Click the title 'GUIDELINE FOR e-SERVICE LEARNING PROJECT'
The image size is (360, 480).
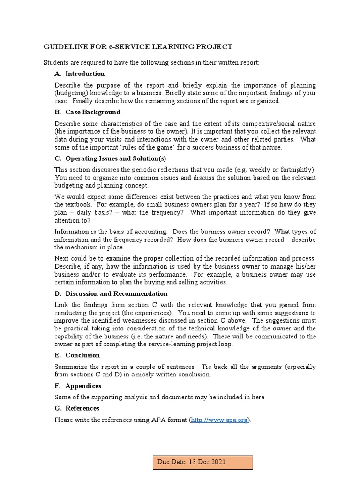pyautogui.click(x=137, y=47)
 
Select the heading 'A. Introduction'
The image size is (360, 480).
pyautogui.click(x=80, y=74)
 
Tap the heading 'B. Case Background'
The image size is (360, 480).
pyautogui.click(x=87, y=112)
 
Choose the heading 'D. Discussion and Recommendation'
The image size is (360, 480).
pyautogui.click(x=111, y=293)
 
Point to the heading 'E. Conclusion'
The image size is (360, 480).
pyautogui.click(x=77, y=355)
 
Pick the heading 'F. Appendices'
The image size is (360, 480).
pyautogui.click(x=78, y=386)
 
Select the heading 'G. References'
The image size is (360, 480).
pyautogui.click(x=77, y=408)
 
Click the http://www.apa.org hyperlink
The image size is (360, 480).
pyautogui.click(x=220, y=420)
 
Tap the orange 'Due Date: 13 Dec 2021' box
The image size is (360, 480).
pyautogui.click(x=203, y=462)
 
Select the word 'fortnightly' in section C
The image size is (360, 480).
pyautogui.click(x=296, y=170)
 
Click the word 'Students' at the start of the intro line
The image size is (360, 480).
pyautogui.click(x=57, y=62)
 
